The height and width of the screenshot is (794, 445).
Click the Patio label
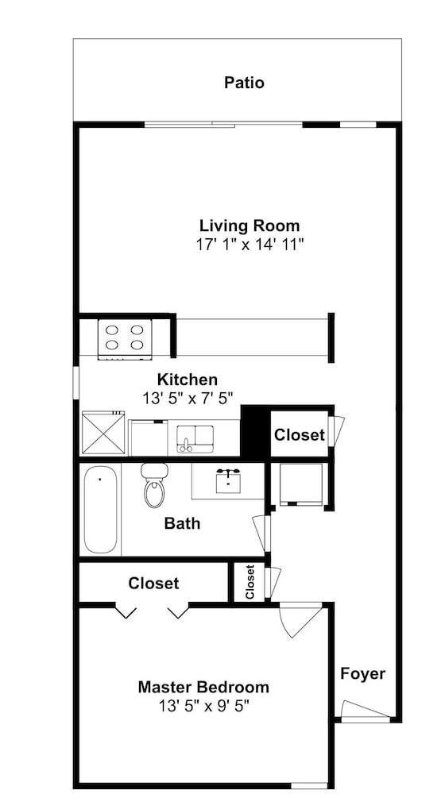pyautogui.click(x=244, y=82)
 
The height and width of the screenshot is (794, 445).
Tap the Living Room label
pyautogui.click(x=250, y=225)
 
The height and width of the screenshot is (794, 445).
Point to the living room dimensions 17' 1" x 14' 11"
pyautogui.click(x=250, y=245)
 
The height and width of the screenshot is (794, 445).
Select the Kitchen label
pyautogui.click(x=188, y=379)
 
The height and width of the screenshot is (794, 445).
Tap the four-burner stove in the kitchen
pyautogui.click(x=125, y=338)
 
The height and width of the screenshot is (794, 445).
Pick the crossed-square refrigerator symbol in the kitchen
pyautogui.click(x=103, y=433)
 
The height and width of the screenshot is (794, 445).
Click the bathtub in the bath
pyautogui.click(x=100, y=510)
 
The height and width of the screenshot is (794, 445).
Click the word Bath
pyautogui.click(x=183, y=523)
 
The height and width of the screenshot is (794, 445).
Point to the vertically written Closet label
pyautogui.click(x=250, y=581)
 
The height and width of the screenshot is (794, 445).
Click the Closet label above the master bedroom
pyautogui.click(x=153, y=584)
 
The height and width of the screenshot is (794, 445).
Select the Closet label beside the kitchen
pyautogui.click(x=300, y=434)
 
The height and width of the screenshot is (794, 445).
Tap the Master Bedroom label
pyautogui.click(x=203, y=687)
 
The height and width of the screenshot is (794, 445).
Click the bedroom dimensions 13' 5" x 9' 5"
pyautogui.click(x=203, y=705)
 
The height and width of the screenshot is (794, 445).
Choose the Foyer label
pyautogui.click(x=362, y=674)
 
